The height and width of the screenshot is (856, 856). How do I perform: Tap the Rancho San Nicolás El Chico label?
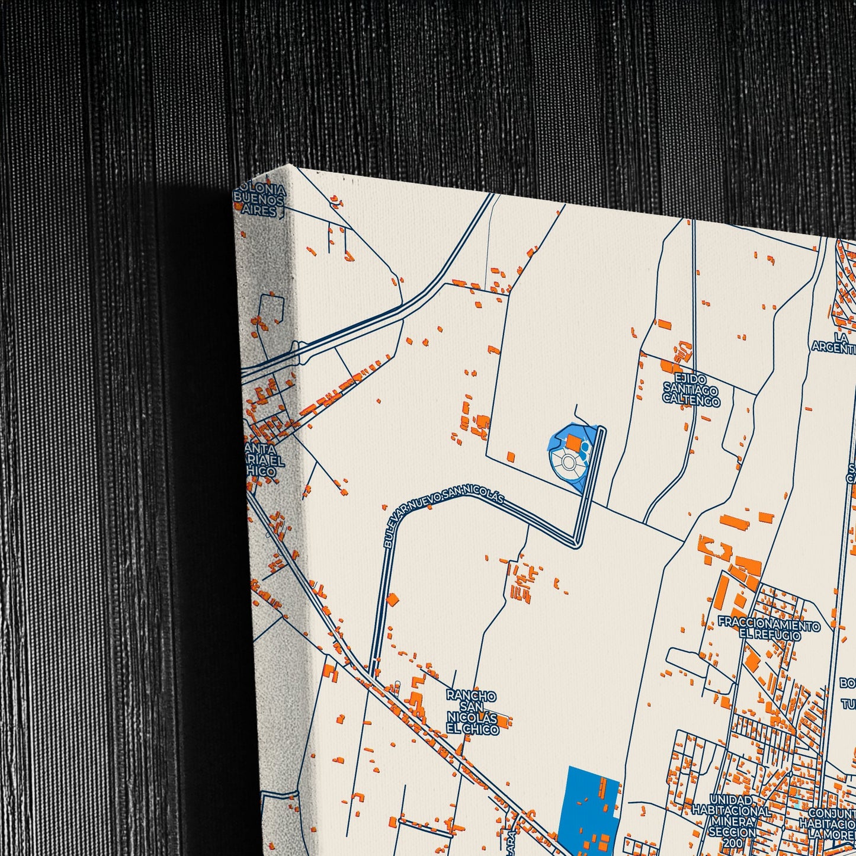[x=472, y=712]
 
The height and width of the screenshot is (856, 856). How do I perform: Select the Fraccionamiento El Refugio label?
[x=769, y=630]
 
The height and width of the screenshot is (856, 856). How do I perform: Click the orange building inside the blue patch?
[x=573, y=442]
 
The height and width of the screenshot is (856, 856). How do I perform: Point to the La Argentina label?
[x=835, y=342]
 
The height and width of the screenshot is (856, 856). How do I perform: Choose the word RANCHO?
[x=472, y=695]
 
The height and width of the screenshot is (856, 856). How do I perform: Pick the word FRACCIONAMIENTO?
[x=769, y=626]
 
